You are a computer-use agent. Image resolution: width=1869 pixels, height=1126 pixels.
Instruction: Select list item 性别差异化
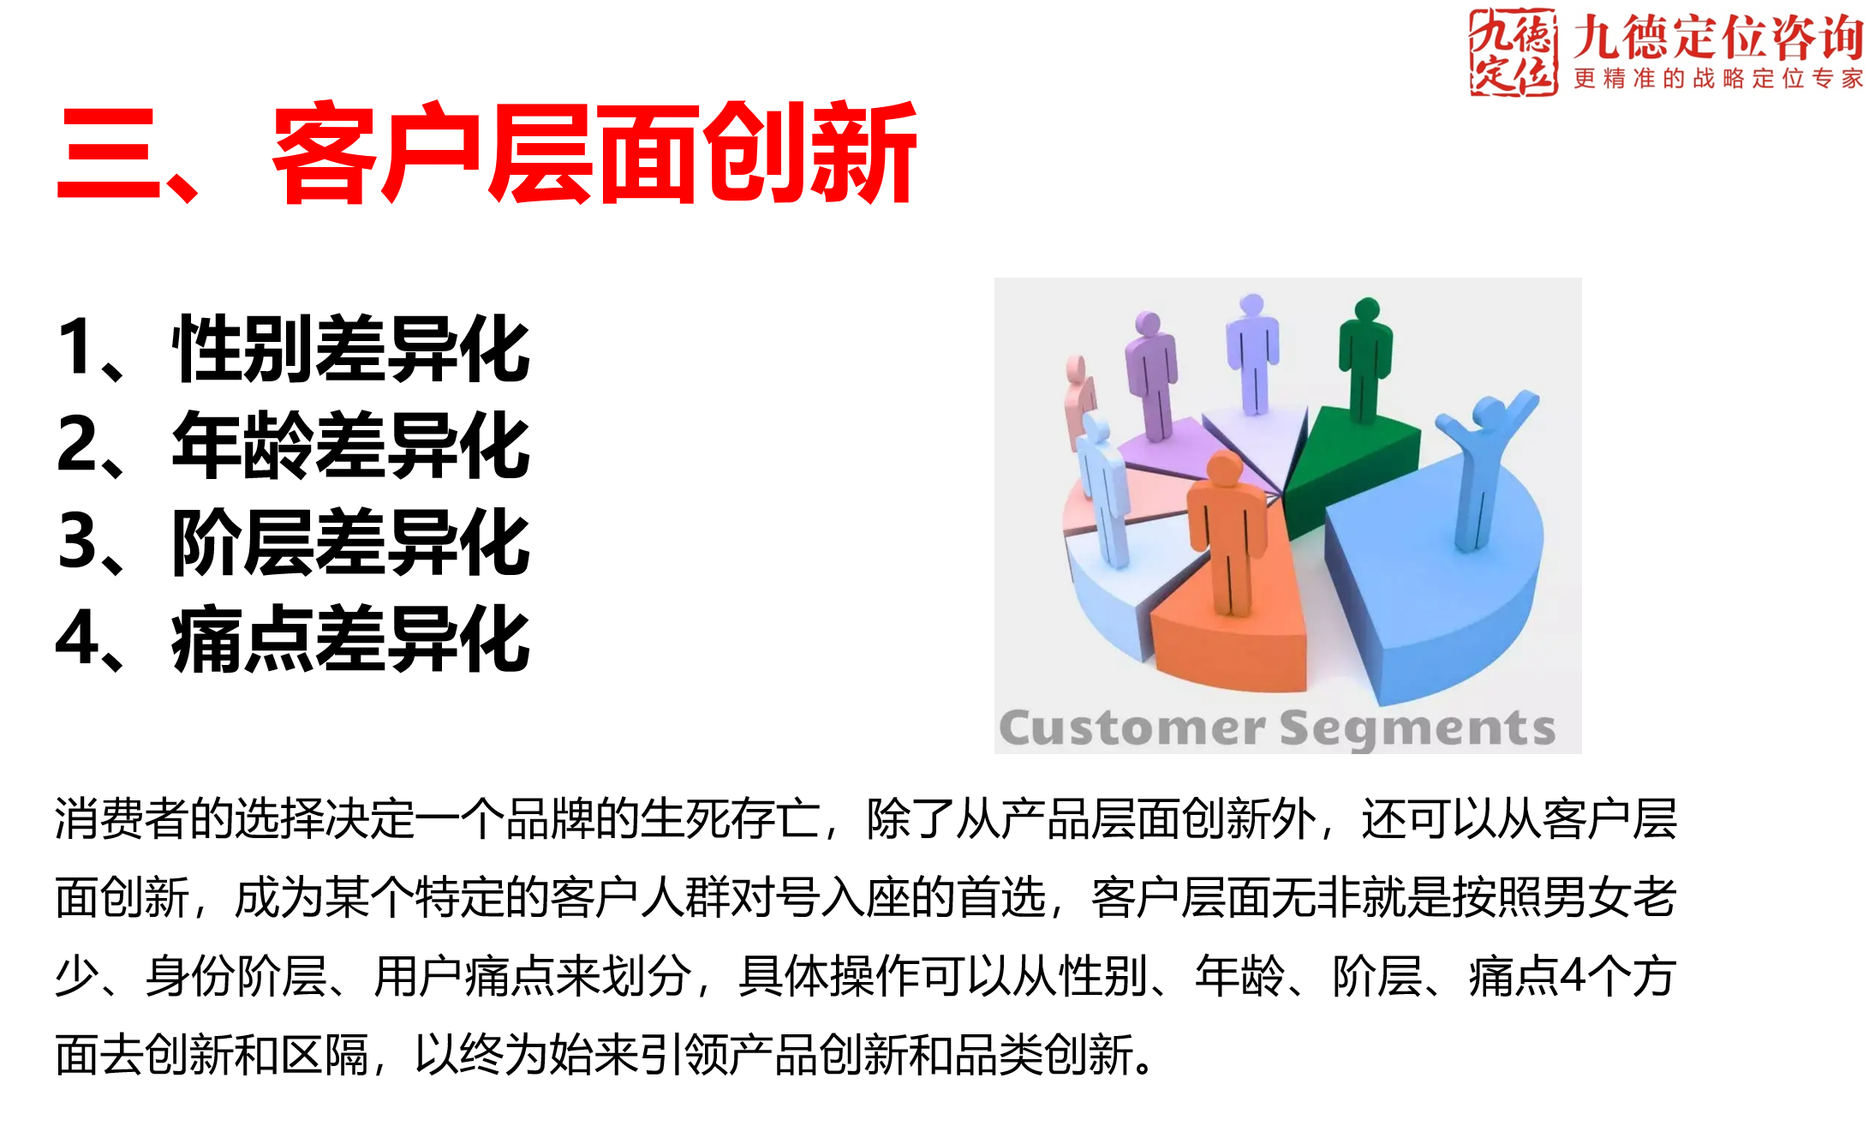351,348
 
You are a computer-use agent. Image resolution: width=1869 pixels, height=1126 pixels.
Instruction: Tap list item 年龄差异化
351,445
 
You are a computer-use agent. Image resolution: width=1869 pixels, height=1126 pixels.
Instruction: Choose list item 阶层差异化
351,542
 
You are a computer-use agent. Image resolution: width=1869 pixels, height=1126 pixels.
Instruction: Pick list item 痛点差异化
351,638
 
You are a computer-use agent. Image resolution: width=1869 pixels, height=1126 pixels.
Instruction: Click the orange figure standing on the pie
1227,531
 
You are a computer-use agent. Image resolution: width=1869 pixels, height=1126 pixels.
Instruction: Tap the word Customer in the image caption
1131,728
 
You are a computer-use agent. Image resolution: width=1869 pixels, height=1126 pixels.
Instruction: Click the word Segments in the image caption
1418,728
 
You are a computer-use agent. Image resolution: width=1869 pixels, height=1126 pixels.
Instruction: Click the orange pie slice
1233,643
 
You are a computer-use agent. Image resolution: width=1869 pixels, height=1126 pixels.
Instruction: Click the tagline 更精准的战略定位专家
1717,79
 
